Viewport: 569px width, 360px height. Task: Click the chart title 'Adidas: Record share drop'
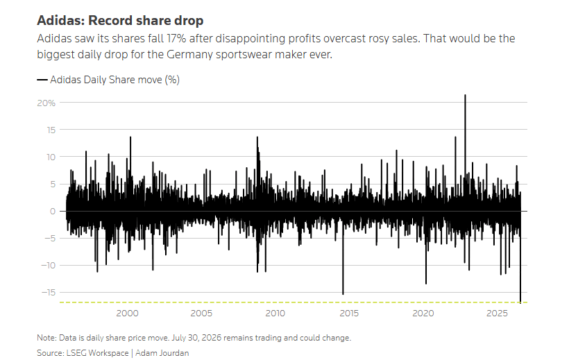[x=120, y=20]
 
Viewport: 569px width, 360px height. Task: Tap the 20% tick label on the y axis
[x=46, y=103]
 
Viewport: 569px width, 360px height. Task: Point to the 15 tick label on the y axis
[x=51, y=130]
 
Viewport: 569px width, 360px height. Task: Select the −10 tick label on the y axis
[x=49, y=265]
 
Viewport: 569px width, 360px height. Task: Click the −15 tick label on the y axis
[x=49, y=293]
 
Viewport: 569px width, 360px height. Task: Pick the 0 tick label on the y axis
[x=53, y=211]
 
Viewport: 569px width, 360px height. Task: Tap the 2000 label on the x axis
[x=127, y=314]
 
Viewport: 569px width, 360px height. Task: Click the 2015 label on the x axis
[x=349, y=314]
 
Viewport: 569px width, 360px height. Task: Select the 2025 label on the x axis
[x=497, y=314]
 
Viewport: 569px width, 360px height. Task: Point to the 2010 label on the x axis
[x=275, y=314]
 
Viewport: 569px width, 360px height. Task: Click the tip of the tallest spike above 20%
[x=465, y=95]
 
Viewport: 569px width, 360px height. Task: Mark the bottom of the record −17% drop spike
[x=520, y=302]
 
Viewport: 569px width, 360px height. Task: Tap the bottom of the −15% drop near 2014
[x=343, y=294]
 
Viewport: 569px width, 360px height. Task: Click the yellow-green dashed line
[x=294, y=302]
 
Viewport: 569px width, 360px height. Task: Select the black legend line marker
[x=42, y=80]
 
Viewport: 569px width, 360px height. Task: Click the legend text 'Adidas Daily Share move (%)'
[x=114, y=80]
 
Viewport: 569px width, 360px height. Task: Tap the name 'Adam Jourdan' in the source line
[x=162, y=353]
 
